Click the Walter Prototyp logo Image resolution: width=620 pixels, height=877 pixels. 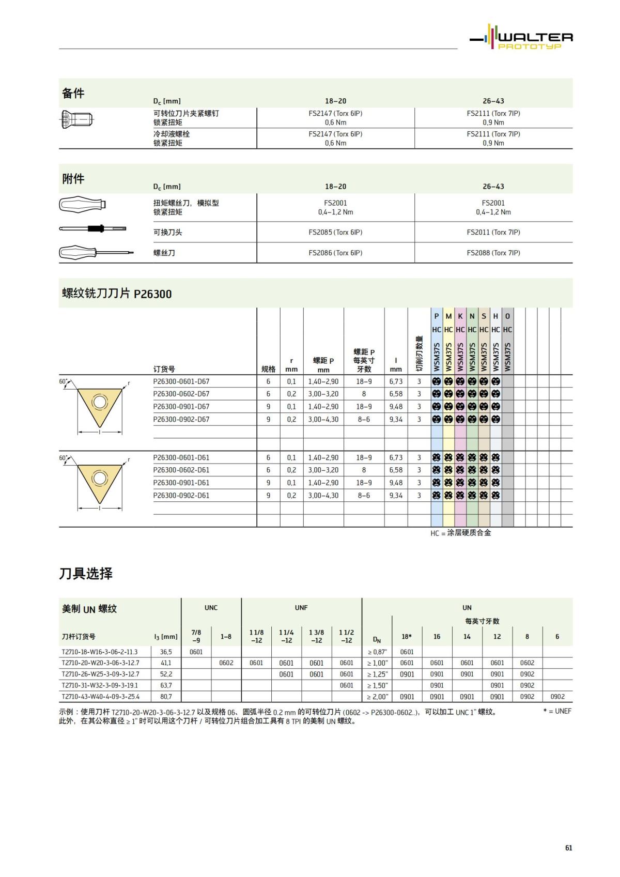(521, 38)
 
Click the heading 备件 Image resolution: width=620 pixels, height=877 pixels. (73, 94)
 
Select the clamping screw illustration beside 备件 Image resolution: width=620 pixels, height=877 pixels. (76, 120)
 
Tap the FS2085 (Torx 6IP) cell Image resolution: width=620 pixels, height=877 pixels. (335, 233)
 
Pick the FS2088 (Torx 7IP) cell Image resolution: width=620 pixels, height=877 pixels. (493, 253)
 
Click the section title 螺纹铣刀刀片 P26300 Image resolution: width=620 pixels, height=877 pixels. (117, 294)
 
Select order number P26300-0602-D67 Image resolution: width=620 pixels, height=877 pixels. (181, 394)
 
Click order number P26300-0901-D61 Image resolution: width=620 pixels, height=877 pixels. (181, 483)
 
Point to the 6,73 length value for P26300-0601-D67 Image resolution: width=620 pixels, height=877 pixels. (396, 381)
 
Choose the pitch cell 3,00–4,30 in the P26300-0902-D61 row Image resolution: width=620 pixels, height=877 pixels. (323, 495)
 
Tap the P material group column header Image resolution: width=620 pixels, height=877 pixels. (437, 316)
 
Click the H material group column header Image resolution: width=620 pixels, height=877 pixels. (495, 316)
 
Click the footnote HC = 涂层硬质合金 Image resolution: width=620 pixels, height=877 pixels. (461, 533)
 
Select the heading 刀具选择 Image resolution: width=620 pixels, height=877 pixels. (86, 574)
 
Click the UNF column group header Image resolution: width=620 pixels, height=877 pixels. (301, 608)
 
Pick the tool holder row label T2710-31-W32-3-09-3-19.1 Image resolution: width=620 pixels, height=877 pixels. (100, 685)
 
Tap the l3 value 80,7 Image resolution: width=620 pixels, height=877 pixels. (166, 697)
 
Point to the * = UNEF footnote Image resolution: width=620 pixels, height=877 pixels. (557, 711)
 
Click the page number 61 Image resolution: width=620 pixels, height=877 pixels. (568, 848)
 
